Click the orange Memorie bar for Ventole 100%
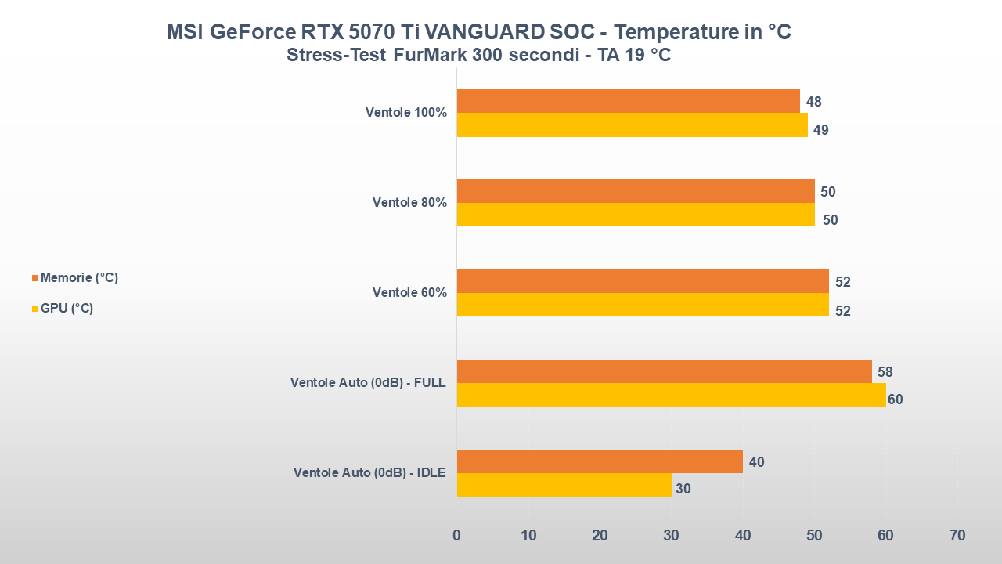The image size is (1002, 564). coord(628,101)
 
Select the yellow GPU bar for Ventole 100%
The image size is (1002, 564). coord(632,125)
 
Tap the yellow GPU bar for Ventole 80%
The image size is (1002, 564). coord(635,215)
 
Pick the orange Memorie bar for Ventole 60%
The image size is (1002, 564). coord(642,281)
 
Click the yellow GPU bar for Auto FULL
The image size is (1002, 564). coord(671,395)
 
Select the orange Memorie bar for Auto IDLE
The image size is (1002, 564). coord(599,461)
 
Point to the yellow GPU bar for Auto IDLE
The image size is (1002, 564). coord(564,485)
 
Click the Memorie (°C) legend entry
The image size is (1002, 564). coord(75,278)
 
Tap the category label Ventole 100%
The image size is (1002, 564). coord(405,113)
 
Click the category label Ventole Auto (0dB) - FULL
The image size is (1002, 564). coord(368,383)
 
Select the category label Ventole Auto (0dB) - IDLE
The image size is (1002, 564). coord(369,473)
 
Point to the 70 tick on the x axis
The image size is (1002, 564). coord(957,536)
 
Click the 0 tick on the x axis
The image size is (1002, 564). coord(456,536)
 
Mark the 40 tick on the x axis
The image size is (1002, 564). coord(743,536)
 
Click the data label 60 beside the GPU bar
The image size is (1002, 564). coord(896,399)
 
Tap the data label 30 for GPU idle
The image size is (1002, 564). coord(683,489)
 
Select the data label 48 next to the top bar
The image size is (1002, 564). coord(814,102)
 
